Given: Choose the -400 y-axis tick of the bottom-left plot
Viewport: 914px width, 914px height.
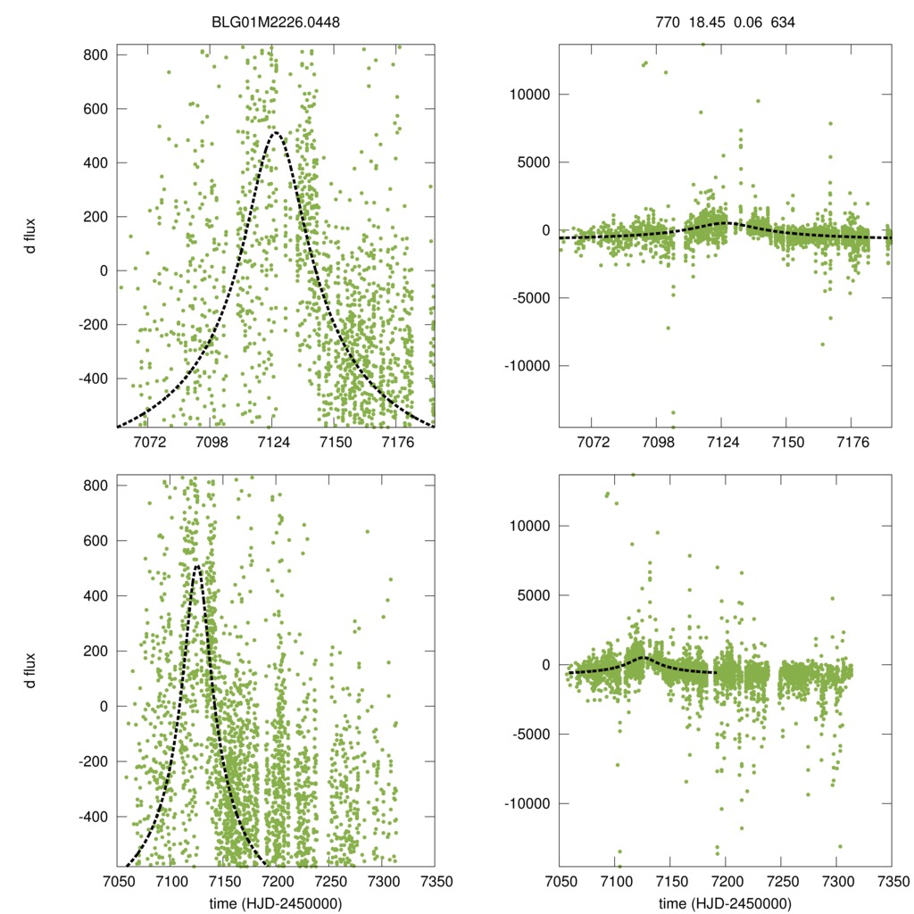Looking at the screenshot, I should tap(92, 817).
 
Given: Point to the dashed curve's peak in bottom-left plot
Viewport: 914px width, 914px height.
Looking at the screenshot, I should tap(197, 565).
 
